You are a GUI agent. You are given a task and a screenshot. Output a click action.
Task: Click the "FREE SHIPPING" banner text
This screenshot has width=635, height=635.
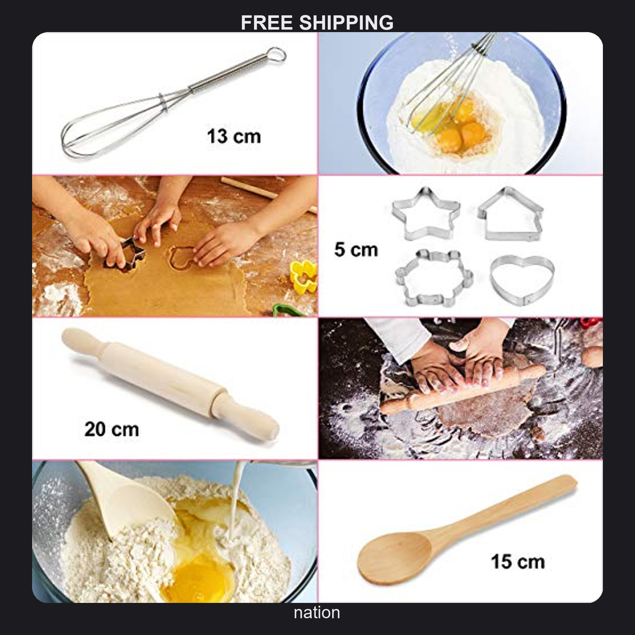click(317, 23)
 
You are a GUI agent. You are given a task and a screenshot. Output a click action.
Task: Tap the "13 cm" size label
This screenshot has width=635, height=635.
click(234, 137)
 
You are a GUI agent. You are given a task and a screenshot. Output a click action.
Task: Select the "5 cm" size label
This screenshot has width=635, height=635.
click(356, 250)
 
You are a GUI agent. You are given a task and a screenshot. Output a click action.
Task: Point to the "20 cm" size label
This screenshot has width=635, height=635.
click(112, 429)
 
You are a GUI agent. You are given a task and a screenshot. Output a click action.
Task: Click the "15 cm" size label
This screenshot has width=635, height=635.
click(518, 562)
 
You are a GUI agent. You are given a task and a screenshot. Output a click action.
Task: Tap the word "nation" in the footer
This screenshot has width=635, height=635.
click(317, 613)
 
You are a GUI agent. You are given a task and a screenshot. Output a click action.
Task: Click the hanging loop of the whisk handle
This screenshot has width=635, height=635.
click(276, 54)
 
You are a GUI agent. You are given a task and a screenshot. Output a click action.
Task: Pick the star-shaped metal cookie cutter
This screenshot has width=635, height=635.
click(426, 214)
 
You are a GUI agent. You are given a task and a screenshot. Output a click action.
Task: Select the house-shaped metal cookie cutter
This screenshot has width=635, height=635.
click(510, 214)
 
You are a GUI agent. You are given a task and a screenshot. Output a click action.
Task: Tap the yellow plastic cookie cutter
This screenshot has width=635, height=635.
click(303, 276)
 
